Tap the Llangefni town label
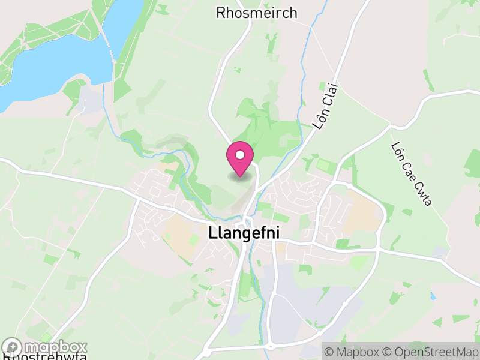244,233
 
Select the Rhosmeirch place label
256,13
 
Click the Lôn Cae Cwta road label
412,173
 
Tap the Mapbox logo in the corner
45,347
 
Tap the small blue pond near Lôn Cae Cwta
433,296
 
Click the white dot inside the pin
240,155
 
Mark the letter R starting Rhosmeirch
221,13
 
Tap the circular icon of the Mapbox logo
13,347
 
